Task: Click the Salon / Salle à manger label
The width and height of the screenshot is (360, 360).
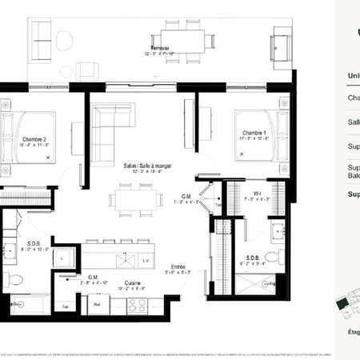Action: click(149, 169)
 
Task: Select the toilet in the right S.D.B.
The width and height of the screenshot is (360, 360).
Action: click(271, 258)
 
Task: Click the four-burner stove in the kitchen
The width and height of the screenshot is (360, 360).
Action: click(135, 304)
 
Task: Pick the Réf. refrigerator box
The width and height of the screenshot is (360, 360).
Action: click(96, 304)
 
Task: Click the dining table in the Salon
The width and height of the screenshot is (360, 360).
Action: click(135, 198)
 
